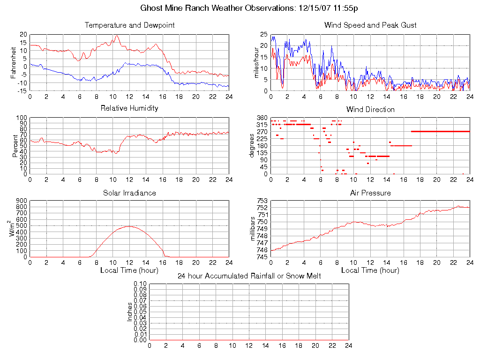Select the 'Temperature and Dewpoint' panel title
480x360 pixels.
[x=129, y=25]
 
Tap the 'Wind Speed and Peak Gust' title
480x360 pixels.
[x=370, y=25]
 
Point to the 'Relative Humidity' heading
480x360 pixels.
[x=129, y=108]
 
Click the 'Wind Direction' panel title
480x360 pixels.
[x=370, y=109]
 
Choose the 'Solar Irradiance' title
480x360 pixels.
[x=129, y=193]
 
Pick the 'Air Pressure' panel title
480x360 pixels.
[x=370, y=193]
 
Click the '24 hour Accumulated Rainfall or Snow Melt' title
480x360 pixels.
[x=249, y=276]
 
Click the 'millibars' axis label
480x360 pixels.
[x=254, y=229]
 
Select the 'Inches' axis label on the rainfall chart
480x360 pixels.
[x=130, y=312]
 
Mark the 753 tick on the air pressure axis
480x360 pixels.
[x=262, y=201]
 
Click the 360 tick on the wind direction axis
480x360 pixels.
[x=262, y=118]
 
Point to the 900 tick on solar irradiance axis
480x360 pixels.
[x=22, y=201]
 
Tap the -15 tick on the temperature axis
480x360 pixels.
[x=21, y=90]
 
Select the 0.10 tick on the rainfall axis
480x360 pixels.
[x=140, y=284]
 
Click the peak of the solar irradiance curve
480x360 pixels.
[x=129, y=226]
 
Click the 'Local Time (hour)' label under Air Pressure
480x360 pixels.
[x=370, y=270]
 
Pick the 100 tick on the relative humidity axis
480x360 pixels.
[x=22, y=118]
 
